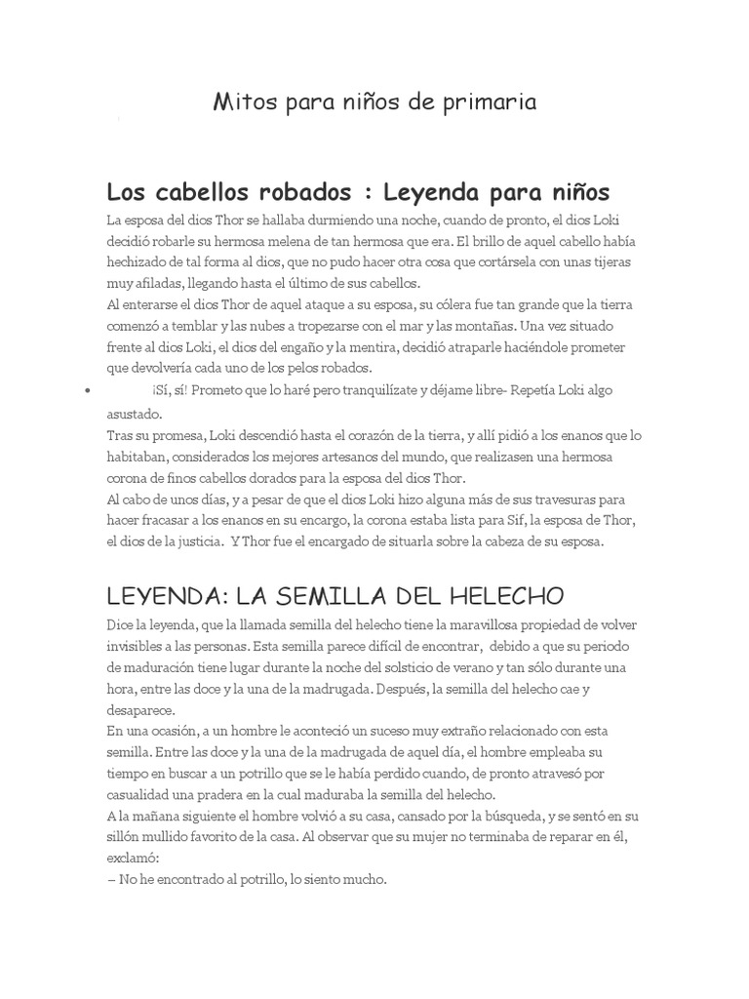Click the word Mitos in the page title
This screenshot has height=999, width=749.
point(245,102)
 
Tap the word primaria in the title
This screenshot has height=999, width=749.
point(492,102)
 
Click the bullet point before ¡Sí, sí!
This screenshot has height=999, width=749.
point(89,390)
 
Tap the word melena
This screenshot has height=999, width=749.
point(308,241)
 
